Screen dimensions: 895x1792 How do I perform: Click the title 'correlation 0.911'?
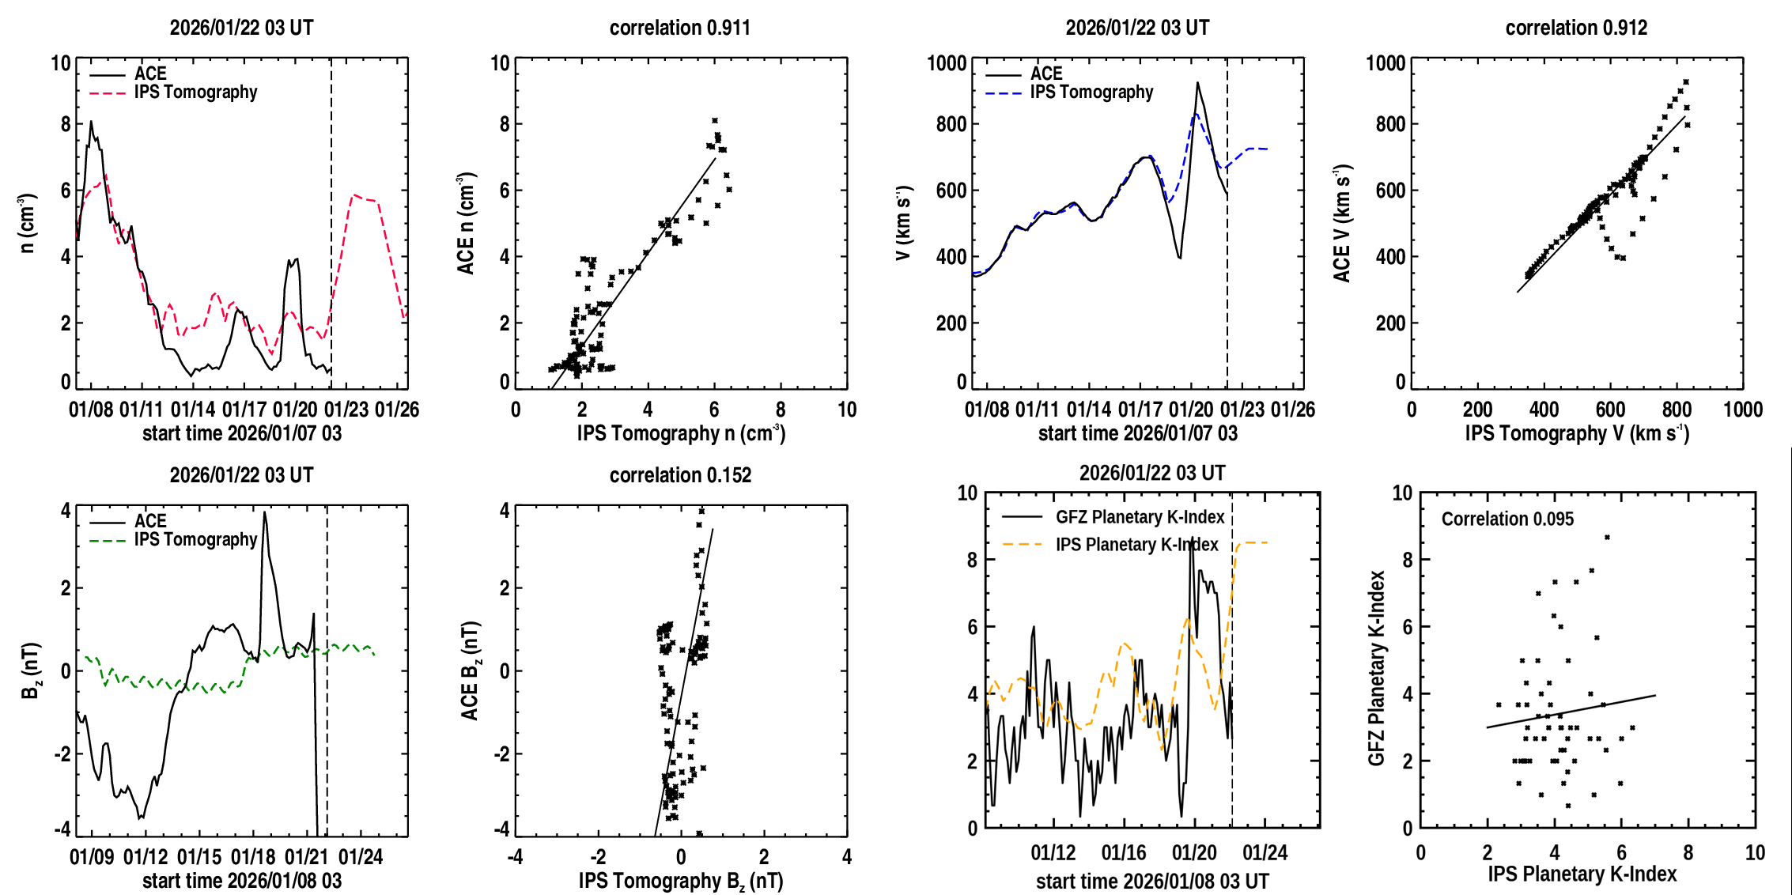679,28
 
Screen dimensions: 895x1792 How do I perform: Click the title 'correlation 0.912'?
1576,28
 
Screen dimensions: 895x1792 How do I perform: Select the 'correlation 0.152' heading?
680,475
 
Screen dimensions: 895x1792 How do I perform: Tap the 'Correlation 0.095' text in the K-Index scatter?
1507,519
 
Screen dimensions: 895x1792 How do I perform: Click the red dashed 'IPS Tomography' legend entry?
195,93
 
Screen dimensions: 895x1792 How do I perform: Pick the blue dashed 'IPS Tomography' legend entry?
1091,93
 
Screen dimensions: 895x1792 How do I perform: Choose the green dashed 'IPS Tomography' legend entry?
195,540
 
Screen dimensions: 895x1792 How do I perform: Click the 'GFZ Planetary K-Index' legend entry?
1140,517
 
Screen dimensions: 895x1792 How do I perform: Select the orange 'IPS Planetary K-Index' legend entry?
1136,545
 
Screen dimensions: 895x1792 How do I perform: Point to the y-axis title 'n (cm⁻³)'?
28,223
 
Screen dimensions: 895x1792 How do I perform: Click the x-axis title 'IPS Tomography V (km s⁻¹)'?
1577,433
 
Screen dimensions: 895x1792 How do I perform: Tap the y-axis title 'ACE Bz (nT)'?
470,670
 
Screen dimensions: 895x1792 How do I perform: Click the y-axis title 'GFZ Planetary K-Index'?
1377,668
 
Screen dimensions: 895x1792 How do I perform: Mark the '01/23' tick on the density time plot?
346,410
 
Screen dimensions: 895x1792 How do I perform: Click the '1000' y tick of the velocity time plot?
947,63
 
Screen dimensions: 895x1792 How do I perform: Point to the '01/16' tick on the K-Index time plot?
1124,853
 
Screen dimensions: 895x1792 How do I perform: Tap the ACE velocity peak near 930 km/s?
1197,82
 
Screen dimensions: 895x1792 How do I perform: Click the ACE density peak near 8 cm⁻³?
91,122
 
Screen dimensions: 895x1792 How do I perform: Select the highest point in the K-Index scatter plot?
1607,538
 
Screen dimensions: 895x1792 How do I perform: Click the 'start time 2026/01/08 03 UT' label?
1152,882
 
